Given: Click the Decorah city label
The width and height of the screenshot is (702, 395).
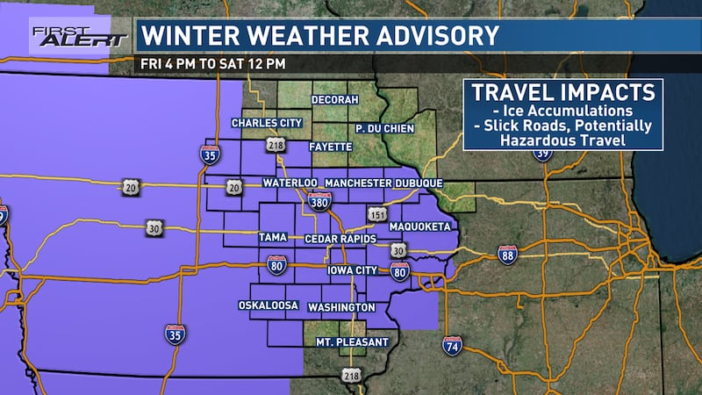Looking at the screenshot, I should coord(335,100).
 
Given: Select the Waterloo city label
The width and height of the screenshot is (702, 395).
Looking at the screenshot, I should coord(289,183).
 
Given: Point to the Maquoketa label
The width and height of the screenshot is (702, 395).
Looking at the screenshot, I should coord(421,226).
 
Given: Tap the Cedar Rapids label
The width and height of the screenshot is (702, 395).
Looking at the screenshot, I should coord(340,239).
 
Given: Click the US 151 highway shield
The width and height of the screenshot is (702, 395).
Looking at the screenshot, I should coord(376,213).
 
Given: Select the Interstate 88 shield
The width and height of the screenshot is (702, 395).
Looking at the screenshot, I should coord(507,254).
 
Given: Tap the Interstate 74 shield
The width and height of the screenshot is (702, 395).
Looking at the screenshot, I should coord(453,345).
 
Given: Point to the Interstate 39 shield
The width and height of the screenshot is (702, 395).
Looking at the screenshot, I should coord(543,154).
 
